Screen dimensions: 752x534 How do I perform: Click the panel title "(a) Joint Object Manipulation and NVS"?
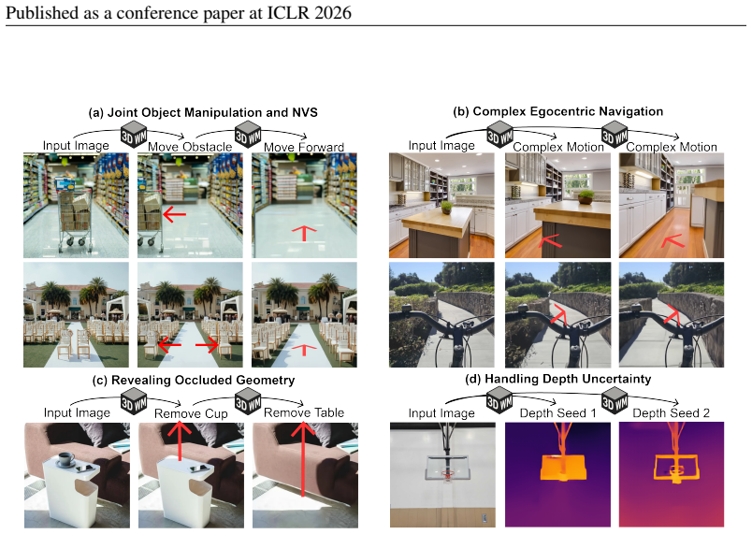[x=203, y=112]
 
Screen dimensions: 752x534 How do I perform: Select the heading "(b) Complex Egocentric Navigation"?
[x=557, y=111]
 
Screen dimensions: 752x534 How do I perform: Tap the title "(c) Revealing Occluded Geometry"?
[x=194, y=380]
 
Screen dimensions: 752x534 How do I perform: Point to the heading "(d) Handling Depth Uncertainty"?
[x=558, y=379]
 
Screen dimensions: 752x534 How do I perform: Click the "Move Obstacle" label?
[x=190, y=147]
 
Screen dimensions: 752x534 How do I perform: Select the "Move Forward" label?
[x=304, y=147]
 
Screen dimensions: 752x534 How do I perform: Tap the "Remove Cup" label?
[x=191, y=413]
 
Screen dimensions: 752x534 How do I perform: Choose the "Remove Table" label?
[x=304, y=412]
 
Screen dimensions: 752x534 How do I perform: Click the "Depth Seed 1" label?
[x=557, y=413]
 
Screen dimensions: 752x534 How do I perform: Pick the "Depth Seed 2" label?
[x=671, y=413]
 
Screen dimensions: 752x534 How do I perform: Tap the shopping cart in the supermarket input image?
[x=75, y=215]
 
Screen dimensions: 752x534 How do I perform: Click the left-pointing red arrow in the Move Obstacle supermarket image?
[x=174, y=213]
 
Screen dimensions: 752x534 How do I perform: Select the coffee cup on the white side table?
[x=65, y=459]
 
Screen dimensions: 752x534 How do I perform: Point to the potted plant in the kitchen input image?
[x=446, y=208]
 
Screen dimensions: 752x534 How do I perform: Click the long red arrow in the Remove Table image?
[x=303, y=459]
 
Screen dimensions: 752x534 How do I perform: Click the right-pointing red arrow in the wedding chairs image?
[x=208, y=345]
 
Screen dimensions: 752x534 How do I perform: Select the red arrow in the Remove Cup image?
[x=179, y=440]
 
